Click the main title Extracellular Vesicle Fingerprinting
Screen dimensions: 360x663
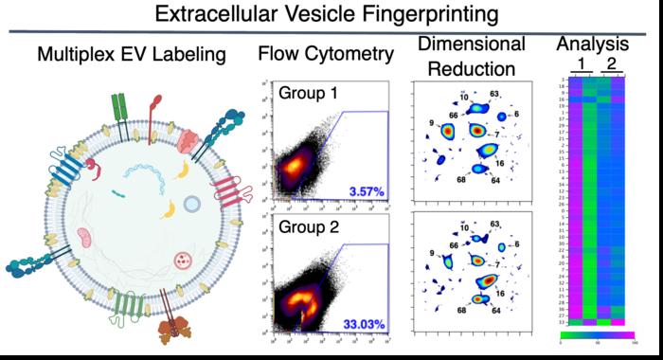tap(331, 15)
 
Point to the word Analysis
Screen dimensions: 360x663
tap(592, 44)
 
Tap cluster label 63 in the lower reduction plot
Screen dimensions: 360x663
tap(493, 225)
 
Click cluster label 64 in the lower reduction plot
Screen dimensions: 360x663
tap(496, 310)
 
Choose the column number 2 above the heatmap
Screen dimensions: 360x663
tap(612, 64)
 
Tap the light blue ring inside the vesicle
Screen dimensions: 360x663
tap(190, 203)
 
